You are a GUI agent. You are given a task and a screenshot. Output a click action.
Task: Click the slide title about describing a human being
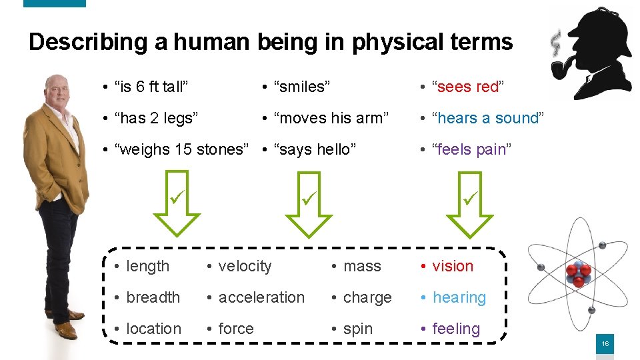click(271, 42)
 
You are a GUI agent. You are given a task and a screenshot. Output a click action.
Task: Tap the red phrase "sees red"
click(469, 87)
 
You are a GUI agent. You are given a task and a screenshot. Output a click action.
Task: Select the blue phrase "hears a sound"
click(488, 118)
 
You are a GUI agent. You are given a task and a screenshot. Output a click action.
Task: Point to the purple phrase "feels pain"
click(471, 149)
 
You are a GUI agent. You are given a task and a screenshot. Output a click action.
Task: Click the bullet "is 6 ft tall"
click(151, 87)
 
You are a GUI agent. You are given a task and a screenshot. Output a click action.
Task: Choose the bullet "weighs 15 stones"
click(177, 149)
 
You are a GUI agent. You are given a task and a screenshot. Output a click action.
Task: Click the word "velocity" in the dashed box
click(245, 266)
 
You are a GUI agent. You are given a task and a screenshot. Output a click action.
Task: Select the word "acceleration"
click(261, 297)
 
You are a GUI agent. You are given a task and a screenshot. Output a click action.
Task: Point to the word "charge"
click(367, 297)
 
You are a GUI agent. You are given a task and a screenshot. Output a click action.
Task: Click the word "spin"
click(358, 329)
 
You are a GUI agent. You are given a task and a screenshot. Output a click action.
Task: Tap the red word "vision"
click(452, 266)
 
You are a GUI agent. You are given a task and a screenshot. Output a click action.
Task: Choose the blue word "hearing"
click(459, 297)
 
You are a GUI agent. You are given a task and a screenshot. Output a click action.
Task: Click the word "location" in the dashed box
click(153, 329)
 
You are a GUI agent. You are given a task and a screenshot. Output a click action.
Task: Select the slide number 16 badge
click(605, 343)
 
